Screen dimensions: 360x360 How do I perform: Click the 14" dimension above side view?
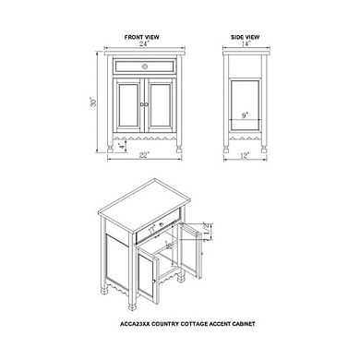(x=246, y=44)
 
